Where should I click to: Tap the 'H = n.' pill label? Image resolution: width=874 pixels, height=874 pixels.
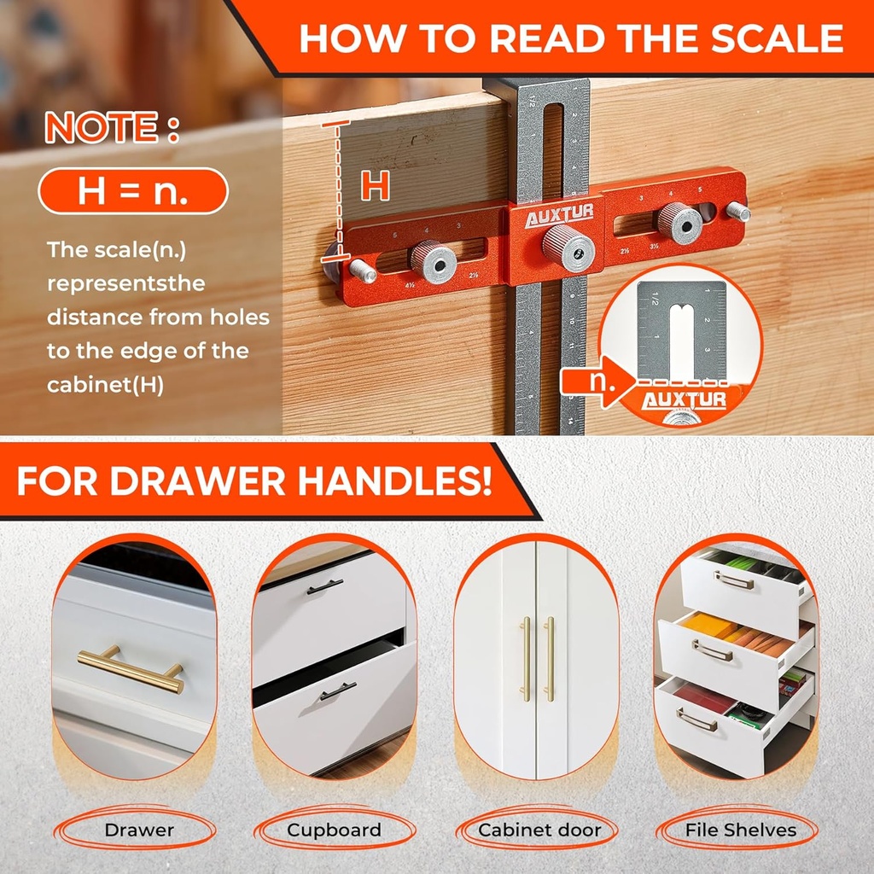(133, 191)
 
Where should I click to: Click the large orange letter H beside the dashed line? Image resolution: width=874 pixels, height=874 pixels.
(375, 185)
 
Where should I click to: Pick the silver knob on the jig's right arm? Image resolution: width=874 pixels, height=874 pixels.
(679, 222)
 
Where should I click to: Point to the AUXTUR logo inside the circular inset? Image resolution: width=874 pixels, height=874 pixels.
(684, 399)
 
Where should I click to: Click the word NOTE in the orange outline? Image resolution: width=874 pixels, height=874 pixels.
(102, 128)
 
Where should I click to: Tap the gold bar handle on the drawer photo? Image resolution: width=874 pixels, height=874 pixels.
(131, 667)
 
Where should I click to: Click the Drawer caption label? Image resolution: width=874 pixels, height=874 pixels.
(139, 830)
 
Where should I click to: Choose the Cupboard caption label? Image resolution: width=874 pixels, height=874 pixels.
(334, 830)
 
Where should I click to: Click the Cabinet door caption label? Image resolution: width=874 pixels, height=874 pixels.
(539, 830)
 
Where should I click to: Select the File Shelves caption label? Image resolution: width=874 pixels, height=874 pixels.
(740, 830)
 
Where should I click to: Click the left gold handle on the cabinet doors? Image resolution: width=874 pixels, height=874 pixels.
(526, 658)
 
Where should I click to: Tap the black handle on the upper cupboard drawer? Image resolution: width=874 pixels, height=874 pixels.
(325, 586)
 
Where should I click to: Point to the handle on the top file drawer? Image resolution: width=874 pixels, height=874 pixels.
(734, 580)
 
